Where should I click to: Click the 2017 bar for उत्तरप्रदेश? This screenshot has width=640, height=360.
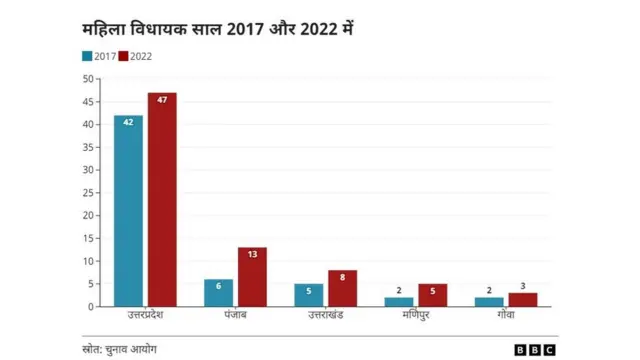(x=128, y=211)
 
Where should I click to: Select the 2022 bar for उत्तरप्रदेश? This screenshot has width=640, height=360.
(x=162, y=200)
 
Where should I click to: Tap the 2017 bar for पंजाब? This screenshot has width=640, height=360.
(x=218, y=293)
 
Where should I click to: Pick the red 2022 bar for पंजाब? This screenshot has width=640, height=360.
(x=252, y=277)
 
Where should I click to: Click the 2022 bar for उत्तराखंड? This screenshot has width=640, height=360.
(x=342, y=288)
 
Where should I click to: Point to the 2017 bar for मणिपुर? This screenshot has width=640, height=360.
(x=399, y=302)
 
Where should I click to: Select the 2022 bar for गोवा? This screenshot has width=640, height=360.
(x=523, y=300)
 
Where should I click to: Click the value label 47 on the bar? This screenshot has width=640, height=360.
(x=162, y=99)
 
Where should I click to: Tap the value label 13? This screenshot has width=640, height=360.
(x=252, y=254)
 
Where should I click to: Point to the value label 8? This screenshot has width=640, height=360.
(x=342, y=277)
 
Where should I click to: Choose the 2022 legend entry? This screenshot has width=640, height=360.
(x=135, y=57)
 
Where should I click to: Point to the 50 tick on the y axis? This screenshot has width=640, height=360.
(x=89, y=79)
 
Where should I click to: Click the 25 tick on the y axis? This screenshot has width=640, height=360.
(x=89, y=193)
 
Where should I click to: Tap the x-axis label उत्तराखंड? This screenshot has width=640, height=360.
(x=326, y=316)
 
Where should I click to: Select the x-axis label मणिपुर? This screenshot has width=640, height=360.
(x=416, y=316)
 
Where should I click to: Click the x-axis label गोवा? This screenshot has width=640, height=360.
(x=506, y=316)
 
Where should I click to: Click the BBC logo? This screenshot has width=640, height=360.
(x=534, y=349)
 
